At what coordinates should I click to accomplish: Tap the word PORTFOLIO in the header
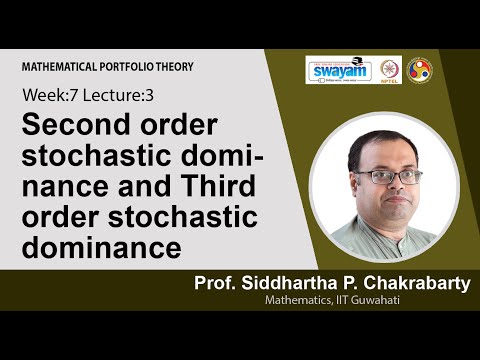pos(135,67)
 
